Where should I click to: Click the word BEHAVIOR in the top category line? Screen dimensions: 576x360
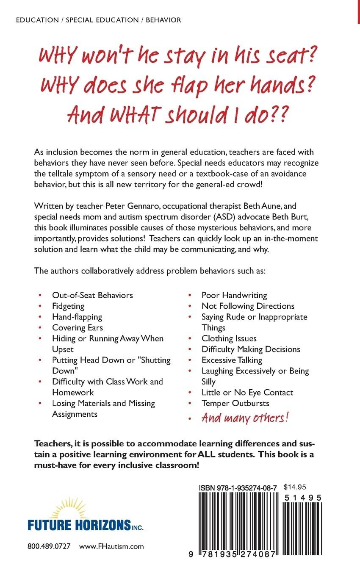(x=163, y=20)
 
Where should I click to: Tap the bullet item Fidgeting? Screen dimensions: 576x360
(x=68, y=306)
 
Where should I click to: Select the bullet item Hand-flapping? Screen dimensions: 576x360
(x=77, y=316)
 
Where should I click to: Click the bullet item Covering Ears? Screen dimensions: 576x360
(x=78, y=327)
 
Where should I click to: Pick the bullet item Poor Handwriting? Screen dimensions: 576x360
(x=234, y=295)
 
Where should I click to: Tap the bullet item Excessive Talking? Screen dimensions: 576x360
(x=232, y=360)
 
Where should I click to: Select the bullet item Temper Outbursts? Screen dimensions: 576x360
(x=235, y=403)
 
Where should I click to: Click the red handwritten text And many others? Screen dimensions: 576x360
(x=245, y=418)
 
